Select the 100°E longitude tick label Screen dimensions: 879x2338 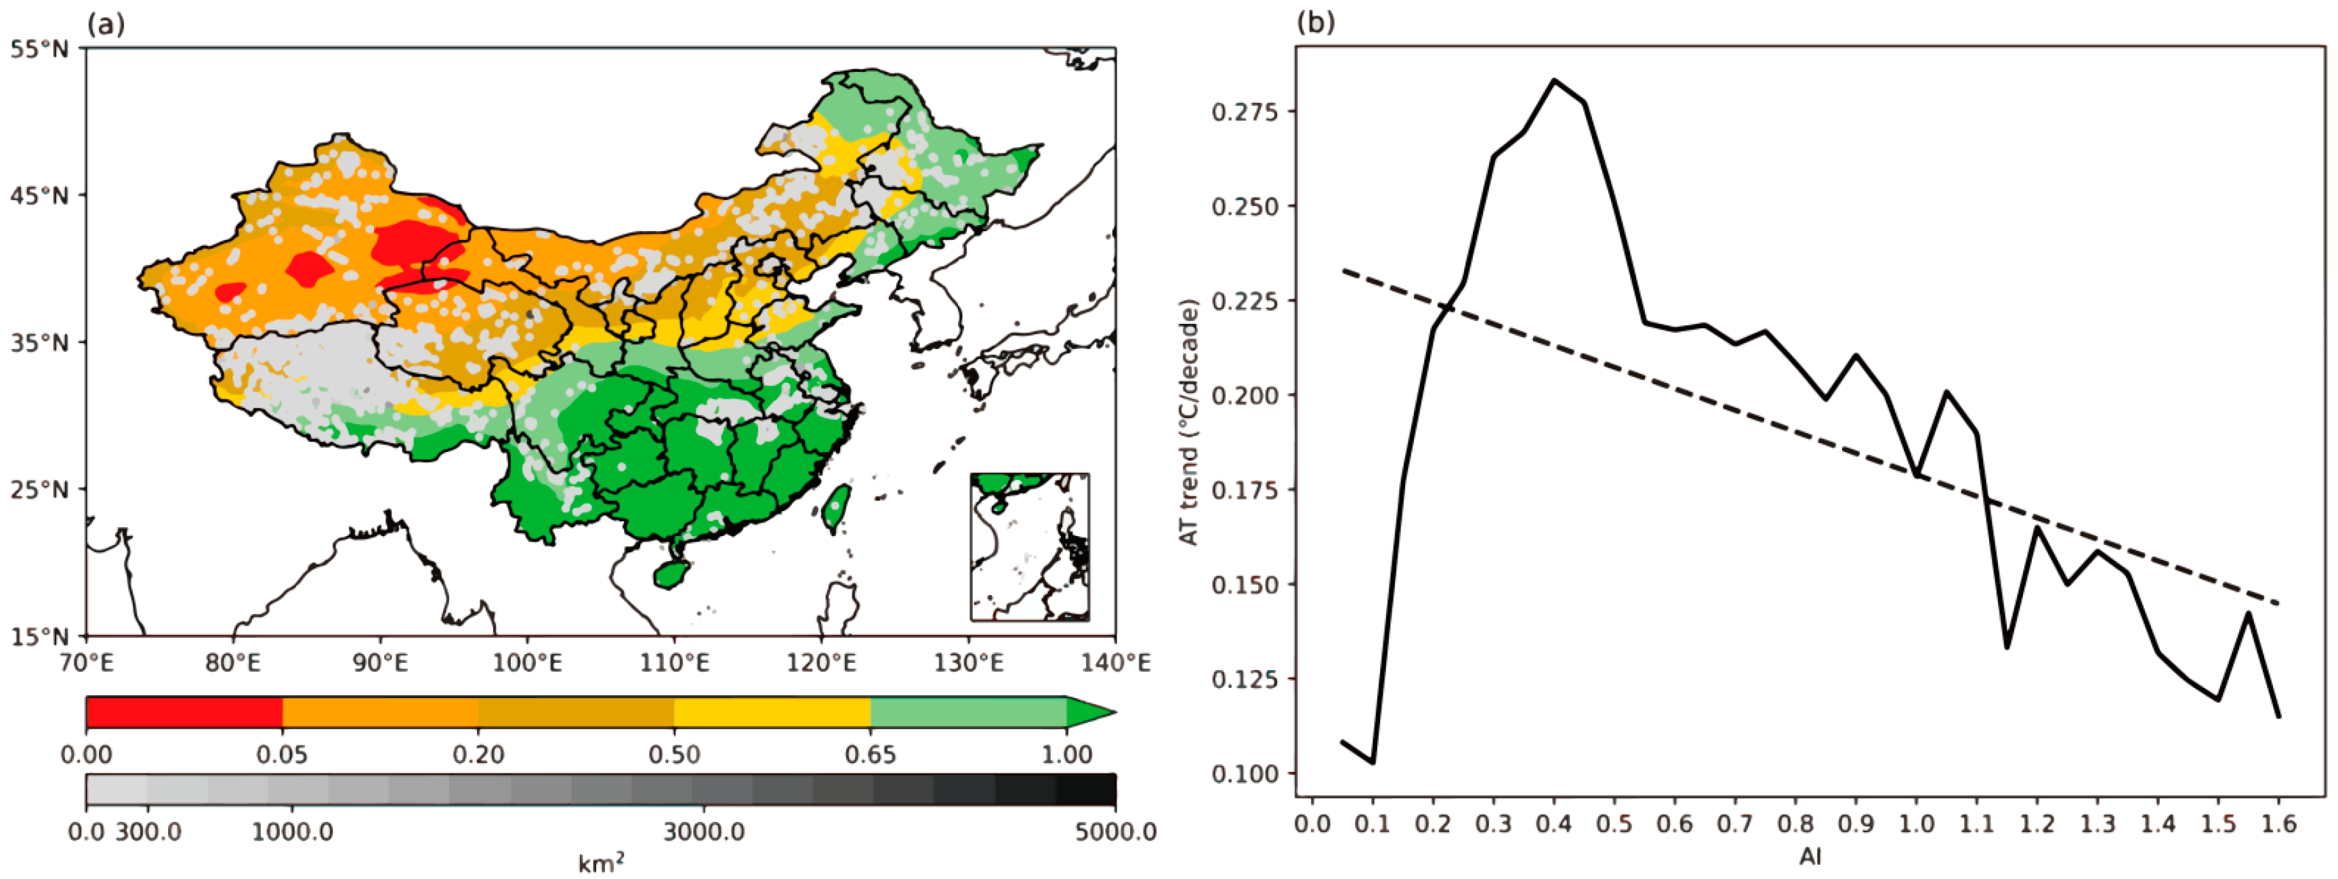526,663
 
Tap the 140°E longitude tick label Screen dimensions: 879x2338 1114,663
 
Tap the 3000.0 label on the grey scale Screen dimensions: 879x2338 705,832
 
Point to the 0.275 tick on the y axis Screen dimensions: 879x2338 1243,112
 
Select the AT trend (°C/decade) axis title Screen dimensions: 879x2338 1189,422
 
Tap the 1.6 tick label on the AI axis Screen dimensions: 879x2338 2278,825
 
